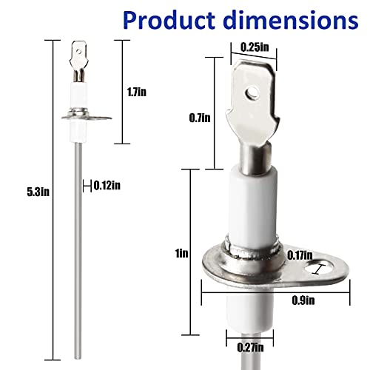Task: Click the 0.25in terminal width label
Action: pyautogui.click(x=254, y=46)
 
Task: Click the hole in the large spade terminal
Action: pyautogui.click(x=254, y=93)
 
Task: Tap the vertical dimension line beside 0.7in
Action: pyautogui.click(x=215, y=115)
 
